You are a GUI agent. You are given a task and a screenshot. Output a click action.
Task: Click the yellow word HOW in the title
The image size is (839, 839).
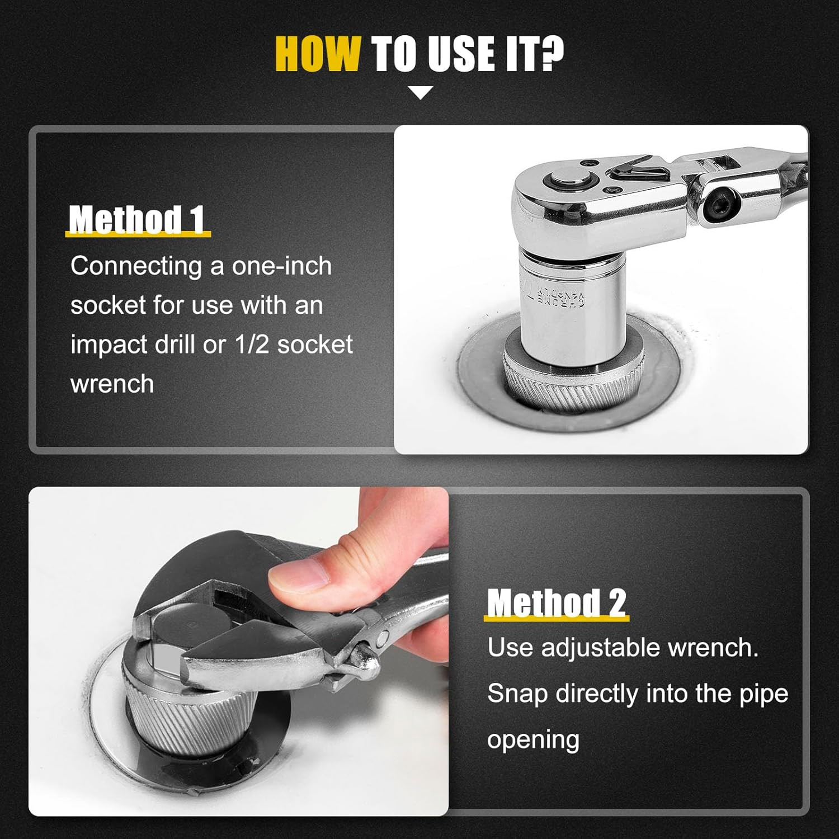point(317,54)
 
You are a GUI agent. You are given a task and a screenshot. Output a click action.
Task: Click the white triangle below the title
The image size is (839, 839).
point(421,93)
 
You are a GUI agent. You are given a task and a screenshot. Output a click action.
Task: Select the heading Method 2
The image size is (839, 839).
point(557,603)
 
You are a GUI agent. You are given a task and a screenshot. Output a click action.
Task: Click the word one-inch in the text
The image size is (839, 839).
point(282,266)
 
